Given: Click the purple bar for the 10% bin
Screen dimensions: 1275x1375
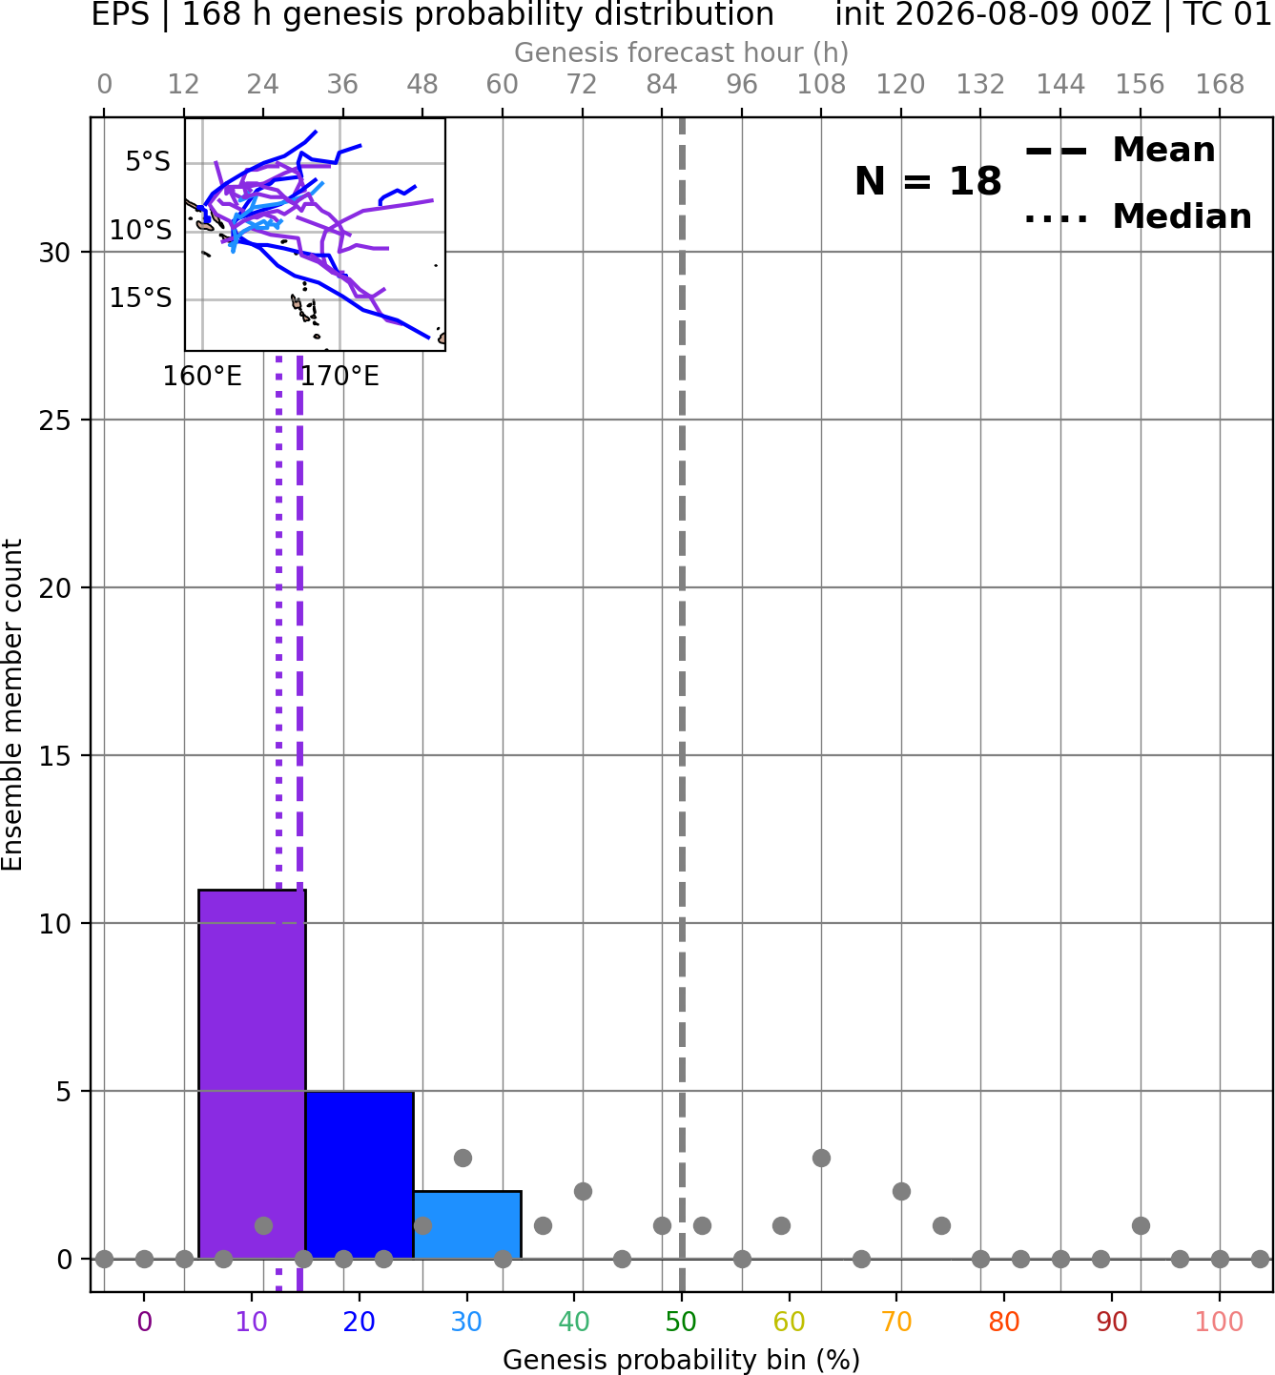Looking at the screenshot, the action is [x=252, y=1074].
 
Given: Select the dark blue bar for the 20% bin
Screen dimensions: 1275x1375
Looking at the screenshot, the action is [x=360, y=1175].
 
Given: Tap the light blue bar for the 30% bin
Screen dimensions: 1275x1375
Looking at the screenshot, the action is [x=467, y=1224].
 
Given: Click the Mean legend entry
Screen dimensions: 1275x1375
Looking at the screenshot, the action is [x=1120, y=151].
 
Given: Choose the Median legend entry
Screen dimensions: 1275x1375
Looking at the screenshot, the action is [x=1139, y=216].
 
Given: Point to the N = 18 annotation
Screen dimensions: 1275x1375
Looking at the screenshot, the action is [x=928, y=181].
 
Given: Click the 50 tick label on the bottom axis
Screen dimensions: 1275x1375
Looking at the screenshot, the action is [x=681, y=1323].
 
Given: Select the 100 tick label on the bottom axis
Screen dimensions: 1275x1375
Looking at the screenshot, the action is [x=1219, y=1323].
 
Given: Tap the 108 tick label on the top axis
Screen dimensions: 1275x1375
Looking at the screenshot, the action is [x=821, y=85].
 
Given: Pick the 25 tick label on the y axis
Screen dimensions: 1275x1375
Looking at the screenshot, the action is [x=54, y=421].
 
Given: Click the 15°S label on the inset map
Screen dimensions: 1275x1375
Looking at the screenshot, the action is [x=140, y=298].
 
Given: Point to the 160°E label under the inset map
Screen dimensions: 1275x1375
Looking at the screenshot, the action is [x=202, y=377].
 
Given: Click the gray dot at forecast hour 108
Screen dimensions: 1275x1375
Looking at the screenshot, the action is [x=821, y=1159].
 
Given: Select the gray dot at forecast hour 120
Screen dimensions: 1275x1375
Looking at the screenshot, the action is [x=901, y=1192].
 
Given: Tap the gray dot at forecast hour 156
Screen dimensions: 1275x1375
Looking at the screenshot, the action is [x=1141, y=1225].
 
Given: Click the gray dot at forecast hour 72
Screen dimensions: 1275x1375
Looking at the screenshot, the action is [x=583, y=1192].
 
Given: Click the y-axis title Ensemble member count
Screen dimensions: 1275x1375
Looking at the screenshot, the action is [x=12, y=705].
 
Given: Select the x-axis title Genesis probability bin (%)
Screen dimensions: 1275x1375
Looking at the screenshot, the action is [x=681, y=1360].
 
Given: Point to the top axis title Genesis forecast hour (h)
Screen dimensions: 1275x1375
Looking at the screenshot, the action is [x=681, y=52].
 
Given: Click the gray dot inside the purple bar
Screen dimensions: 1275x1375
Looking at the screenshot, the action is [x=263, y=1225].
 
